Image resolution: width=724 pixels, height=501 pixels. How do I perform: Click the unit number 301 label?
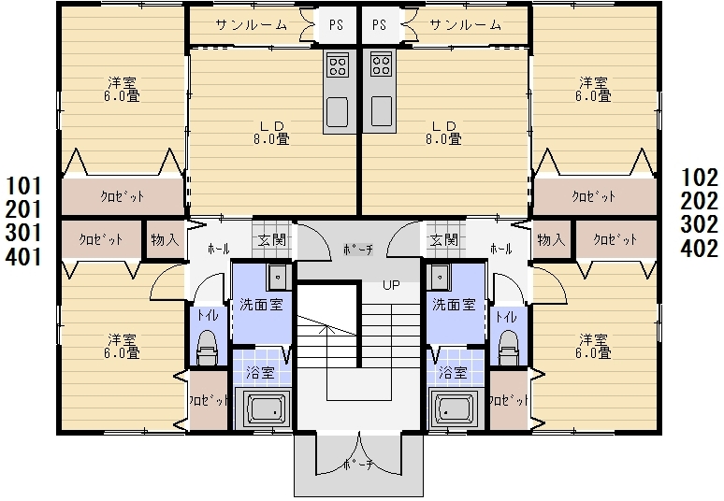pyautogui.click(x=23, y=233)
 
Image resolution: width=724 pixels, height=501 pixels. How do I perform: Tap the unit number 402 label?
pyautogui.click(x=699, y=249)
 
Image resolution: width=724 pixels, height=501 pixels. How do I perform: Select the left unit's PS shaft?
pyautogui.click(x=336, y=25)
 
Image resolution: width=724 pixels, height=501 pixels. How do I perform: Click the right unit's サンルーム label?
pyautogui.click(x=465, y=24)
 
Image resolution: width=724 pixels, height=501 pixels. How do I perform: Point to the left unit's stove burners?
pyautogui.click(x=338, y=64)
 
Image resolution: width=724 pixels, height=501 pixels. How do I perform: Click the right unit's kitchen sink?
pyautogui.click(x=381, y=111)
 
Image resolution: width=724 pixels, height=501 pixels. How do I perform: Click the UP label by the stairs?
pyautogui.click(x=391, y=286)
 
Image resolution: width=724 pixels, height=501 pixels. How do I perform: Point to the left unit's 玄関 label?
pyautogui.click(x=272, y=240)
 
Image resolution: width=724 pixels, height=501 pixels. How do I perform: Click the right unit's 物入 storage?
pyautogui.click(x=551, y=239)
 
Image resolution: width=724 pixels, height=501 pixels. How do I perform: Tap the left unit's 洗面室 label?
pyautogui.click(x=261, y=305)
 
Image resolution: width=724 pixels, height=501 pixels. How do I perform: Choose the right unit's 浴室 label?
pyautogui.click(x=453, y=372)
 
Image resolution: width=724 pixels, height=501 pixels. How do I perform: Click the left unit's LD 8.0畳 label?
pyautogui.click(x=271, y=133)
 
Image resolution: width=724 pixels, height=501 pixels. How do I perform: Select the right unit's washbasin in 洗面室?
pyautogui.click(x=439, y=278)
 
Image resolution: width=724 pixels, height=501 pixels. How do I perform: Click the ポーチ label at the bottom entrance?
pyautogui.click(x=358, y=465)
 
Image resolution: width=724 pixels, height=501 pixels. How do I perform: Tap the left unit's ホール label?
pyautogui.click(x=218, y=250)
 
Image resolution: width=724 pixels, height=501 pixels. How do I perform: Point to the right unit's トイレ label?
pyautogui.click(x=506, y=317)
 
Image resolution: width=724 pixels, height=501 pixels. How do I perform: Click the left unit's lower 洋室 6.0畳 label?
pyautogui.click(x=122, y=347)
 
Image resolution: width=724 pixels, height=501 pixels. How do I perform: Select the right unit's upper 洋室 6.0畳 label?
pyautogui.click(x=593, y=90)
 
